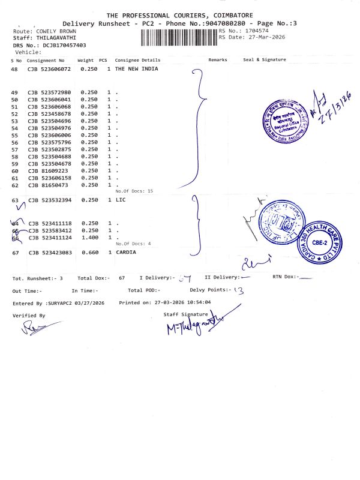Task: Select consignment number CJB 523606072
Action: [x=50, y=70]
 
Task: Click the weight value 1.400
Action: [x=89, y=238]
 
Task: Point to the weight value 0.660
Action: [x=89, y=253]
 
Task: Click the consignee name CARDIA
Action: [x=126, y=253]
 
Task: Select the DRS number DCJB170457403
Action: [x=62, y=45]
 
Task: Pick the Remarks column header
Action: [x=218, y=60]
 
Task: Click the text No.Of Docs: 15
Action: [x=134, y=191]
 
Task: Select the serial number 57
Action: [x=14, y=149]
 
